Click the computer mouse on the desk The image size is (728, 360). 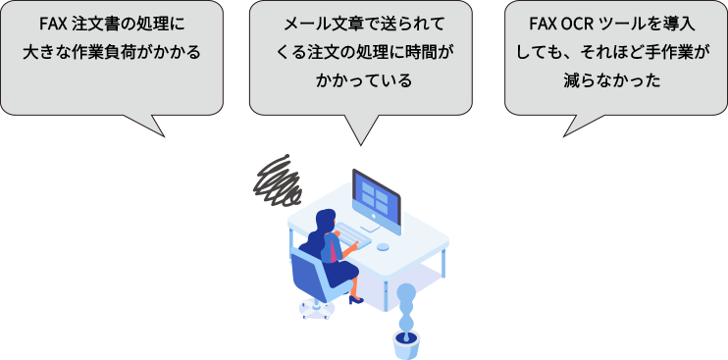click(x=383, y=246)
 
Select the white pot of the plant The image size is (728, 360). click(x=406, y=343)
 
